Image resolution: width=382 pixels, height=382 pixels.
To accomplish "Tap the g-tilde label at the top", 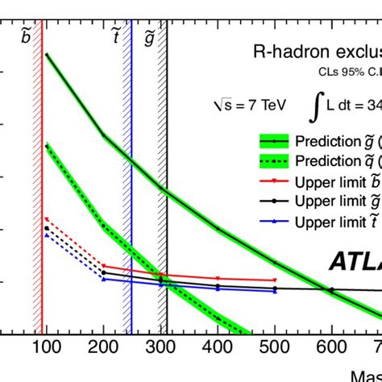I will click(x=149, y=36).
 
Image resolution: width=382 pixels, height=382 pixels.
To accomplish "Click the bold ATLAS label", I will click(x=355, y=262).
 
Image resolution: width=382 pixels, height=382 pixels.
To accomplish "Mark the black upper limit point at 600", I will click(x=331, y=289).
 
